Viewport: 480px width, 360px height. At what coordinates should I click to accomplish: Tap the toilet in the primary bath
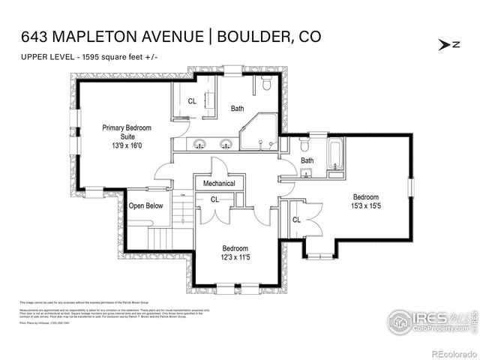tap(267, 87)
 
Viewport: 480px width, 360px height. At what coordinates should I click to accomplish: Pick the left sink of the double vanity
tap(201, 144)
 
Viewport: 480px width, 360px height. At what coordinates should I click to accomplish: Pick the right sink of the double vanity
tap(226, 144)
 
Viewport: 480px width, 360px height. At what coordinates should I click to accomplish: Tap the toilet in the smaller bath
tap(304, 145)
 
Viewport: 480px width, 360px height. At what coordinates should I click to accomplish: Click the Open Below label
tap(145, 205)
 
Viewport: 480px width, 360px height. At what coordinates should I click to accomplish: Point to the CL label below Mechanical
tap(214, 199)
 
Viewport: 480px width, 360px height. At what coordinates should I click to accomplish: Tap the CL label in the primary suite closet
tap(192, 101)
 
